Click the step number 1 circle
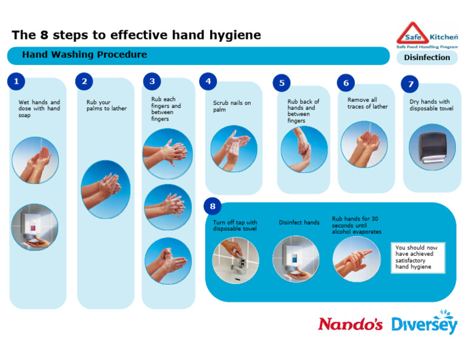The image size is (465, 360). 16,81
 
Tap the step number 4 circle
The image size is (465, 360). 208,81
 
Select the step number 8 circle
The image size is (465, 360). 213,206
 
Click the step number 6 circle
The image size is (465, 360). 346,83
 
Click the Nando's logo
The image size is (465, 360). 350,324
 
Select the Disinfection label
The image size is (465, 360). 427,58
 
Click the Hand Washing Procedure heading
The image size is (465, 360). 84,55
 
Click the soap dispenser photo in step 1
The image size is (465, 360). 35,227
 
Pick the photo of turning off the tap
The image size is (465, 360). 236,259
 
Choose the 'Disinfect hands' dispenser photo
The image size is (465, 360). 295,259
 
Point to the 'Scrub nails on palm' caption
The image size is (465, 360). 231,106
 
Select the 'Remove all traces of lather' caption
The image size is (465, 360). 368,103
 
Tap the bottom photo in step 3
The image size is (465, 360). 168,261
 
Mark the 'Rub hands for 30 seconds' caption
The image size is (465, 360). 357,225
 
